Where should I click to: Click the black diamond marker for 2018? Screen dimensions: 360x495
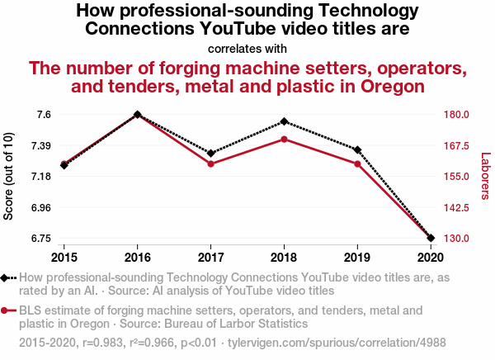pyautogui.click(x=284, y=121)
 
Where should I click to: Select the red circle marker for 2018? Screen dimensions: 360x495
pyautogui.click(x=284, y=139)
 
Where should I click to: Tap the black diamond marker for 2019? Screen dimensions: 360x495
pyautogui.click(x=357, y=149)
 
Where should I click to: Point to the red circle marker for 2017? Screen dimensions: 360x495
pyautogui.click(x=210, y=163)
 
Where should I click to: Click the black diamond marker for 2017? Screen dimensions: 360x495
pyautogui.click(x=210, y=153)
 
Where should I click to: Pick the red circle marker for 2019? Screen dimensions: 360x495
pyautogui.click(x=357, y=163)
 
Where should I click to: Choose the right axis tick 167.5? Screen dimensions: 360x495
pyautogui.click(x=457, y=145)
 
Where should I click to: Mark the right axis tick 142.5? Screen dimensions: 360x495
pyautogui.click(x=457, y=207)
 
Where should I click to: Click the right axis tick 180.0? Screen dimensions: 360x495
pyautogui.click(x=457, y=114)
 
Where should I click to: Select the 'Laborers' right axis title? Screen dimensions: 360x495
pyautogui.click(x=485, y=176)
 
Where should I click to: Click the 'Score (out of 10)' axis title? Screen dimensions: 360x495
pyautogui.click(x=9, y=176)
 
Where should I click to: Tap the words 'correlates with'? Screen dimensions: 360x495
pyautogui.click(x=247, y=48)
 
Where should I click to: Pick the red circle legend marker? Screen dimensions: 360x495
pyautogui.click(x=7, y=311)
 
